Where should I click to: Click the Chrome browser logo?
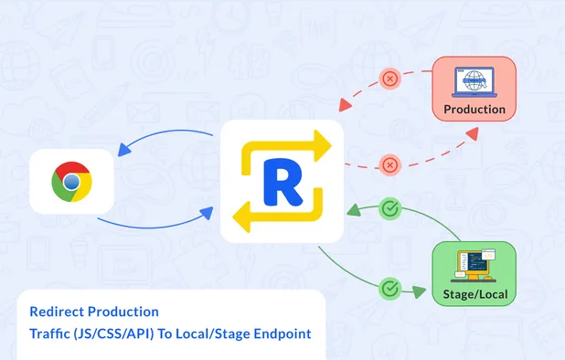(x=71, y=182)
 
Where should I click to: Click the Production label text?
(x=474, y=110)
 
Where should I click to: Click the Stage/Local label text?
(x=474, y=294)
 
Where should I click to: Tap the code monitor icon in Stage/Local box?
(x=474, y=263)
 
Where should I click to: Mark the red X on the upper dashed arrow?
(x=390, y=79)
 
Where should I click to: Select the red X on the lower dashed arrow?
(x=390, y=165)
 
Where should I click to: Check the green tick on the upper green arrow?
(x=390, y=209)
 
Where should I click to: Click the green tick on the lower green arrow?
(x=390, y=290)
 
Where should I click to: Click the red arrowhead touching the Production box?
(x=471, y=132)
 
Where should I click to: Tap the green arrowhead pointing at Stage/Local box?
(x=421, y=293)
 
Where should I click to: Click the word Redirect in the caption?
(x=56, y=312)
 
